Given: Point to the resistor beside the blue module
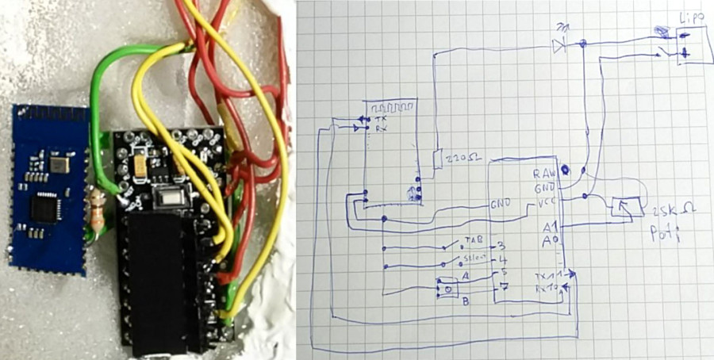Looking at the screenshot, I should point(98,212).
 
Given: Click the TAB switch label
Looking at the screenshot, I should point(474,239).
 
